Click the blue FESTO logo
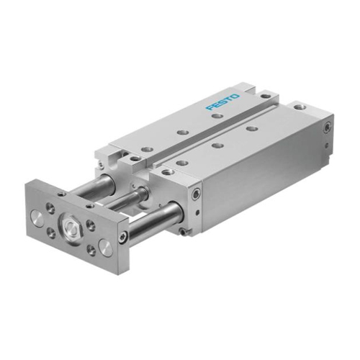click(x=222, y=102)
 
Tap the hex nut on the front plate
click(x=71, y=226)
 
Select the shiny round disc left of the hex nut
click(x=37, y=217)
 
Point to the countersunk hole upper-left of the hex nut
click(x=51, y=205)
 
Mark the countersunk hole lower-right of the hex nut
click(x=91, y=250)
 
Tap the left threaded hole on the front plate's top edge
click(x=63, y=194)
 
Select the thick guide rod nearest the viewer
click(x=153, y=221)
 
